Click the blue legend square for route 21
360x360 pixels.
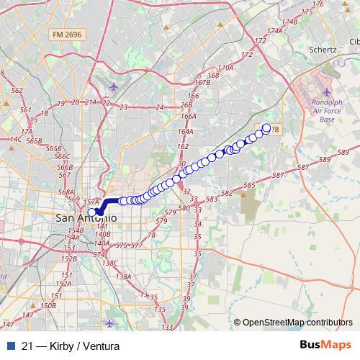[7, 346]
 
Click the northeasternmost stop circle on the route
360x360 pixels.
[266, 128]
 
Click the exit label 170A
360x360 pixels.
[225, 68]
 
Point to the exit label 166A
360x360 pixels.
[189, 116]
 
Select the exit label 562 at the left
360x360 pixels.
[17, 91]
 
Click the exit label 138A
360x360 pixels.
[123, 276]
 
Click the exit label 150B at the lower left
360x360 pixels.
[48, 306]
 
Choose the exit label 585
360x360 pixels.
[249, 186]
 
